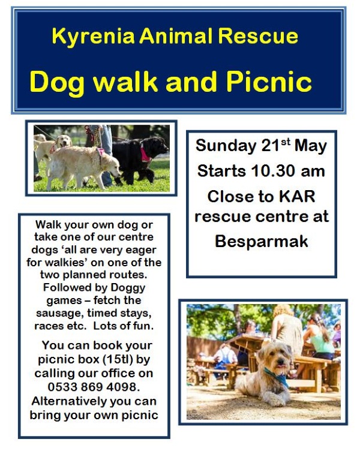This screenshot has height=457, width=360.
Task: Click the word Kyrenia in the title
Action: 93,37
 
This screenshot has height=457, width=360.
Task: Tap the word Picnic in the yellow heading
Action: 269,82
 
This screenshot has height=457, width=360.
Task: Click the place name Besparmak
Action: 262,241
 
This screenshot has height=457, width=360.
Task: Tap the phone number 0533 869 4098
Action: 94,387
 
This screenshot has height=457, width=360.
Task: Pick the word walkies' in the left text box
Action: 65,262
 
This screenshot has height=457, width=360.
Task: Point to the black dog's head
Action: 157,146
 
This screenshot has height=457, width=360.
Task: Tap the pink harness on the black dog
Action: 146,154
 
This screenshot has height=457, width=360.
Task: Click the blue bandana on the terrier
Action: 277,377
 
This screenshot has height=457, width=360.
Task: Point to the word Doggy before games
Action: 128,288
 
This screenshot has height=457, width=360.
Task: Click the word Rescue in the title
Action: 257,36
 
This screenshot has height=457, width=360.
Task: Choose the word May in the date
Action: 310,146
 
